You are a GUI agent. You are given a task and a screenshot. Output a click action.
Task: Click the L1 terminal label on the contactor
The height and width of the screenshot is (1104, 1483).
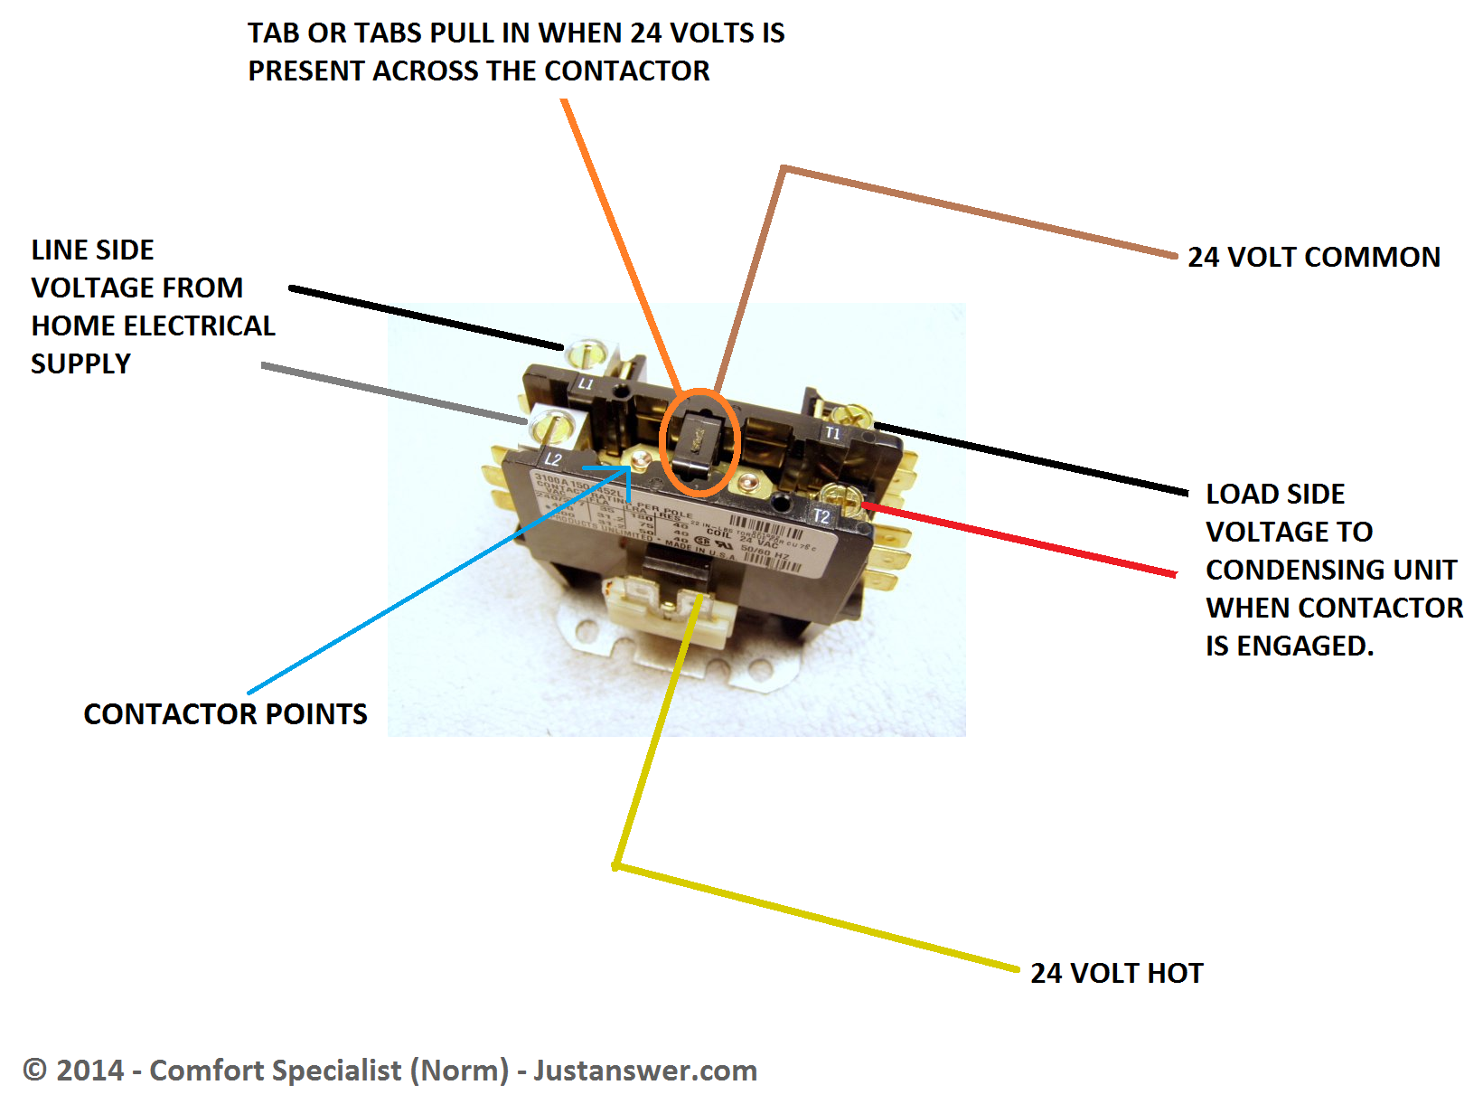click(x=586, y=383)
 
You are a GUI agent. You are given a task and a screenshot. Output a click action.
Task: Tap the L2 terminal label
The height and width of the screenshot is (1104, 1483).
click(x=553, y=459)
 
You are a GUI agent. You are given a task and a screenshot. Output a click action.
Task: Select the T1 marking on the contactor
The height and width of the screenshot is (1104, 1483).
click(x=832, y=433)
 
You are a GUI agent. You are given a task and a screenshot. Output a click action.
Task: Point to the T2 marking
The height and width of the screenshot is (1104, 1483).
click(x=821, y=516)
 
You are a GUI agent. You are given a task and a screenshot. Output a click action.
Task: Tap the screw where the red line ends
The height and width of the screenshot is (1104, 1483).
click(x=841, y=496)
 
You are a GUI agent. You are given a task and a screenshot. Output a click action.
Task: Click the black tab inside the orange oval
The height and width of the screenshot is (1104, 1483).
click(x=699, y=440)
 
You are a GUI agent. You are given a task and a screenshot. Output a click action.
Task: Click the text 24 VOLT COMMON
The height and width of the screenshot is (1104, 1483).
click(x=1313, y=257)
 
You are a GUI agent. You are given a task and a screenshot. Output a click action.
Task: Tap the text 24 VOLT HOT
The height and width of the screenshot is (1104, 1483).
click(x=1116, y=973)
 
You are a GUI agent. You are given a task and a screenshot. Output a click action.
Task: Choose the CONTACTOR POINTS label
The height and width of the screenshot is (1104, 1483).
click(x=225, y=714)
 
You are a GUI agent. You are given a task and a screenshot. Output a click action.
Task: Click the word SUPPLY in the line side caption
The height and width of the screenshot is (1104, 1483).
click(x=80, y=363)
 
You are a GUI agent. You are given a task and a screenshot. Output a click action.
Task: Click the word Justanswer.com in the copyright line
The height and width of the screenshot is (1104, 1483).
click(x=644, y=1071)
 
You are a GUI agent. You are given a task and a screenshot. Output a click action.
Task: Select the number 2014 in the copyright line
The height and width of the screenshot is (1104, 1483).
click(x=89, y=1071)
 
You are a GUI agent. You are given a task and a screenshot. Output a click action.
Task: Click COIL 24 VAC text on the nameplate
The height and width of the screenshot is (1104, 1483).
click(x=741, y=536)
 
